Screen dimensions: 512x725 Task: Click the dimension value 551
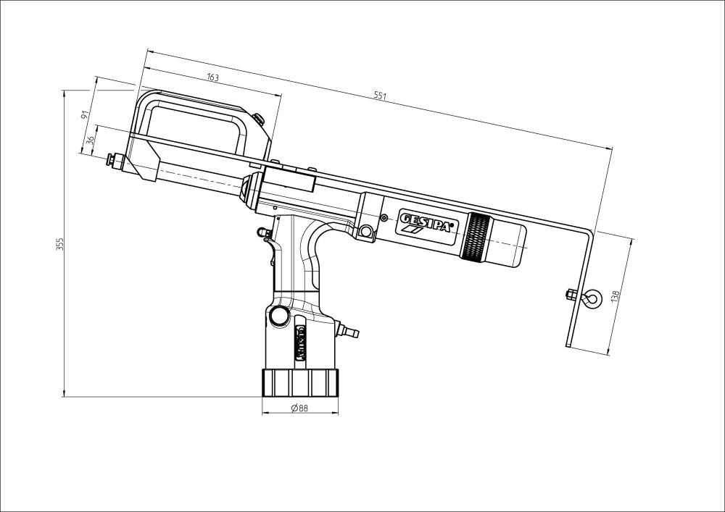click(x=379, y=96)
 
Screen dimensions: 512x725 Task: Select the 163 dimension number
click(x=212, y=77)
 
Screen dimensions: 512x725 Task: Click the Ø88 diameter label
click(x=299, y=408)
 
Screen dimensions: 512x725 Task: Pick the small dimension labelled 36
click(x=91, y=140)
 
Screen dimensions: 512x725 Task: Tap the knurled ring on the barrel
click(x=477, y=238)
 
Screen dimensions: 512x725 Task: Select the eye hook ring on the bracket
click(x=592, y=297)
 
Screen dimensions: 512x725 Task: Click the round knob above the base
click(x=278, y=316)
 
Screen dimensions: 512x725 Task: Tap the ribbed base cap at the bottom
click(x=299, y=381)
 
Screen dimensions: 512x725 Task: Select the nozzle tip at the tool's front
click(x=112, y=158)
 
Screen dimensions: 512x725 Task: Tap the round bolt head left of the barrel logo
click(x=366, y=231)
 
